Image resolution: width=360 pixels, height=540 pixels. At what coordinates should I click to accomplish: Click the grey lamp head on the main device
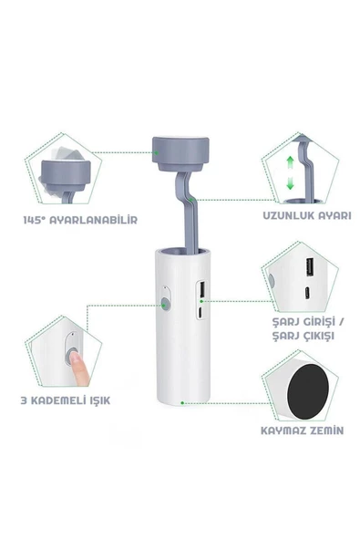[180, 153]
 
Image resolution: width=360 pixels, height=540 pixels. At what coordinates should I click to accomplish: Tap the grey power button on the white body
[166, 305]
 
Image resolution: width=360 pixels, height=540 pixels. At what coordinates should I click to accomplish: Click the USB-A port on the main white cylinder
[201, 288]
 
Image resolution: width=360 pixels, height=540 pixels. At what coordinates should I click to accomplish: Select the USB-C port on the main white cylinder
[201, 312]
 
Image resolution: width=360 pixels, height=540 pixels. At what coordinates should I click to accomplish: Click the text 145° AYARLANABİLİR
[80, 220]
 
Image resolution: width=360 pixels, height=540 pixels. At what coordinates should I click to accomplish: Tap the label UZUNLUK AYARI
[307, 215]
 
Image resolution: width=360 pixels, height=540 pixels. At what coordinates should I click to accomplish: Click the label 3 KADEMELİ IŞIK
[66, 400]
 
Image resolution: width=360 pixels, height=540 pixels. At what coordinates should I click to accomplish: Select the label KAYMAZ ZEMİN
[303, 431]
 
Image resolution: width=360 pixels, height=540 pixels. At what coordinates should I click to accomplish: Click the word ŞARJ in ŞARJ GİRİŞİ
[285, 322]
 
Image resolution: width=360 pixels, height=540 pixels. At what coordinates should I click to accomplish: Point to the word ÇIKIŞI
[319, 336]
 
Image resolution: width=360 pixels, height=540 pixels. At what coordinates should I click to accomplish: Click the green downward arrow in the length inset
[290, 182]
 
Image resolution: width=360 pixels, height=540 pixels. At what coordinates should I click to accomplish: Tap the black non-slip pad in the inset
[308, 391]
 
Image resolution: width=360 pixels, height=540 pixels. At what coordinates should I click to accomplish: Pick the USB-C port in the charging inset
[307, 293]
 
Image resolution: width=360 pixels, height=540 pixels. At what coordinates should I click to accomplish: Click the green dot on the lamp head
[156, 152]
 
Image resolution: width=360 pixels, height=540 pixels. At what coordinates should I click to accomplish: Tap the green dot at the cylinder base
[182, 402]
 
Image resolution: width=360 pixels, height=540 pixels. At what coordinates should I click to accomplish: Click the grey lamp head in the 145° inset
[64, 176]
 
